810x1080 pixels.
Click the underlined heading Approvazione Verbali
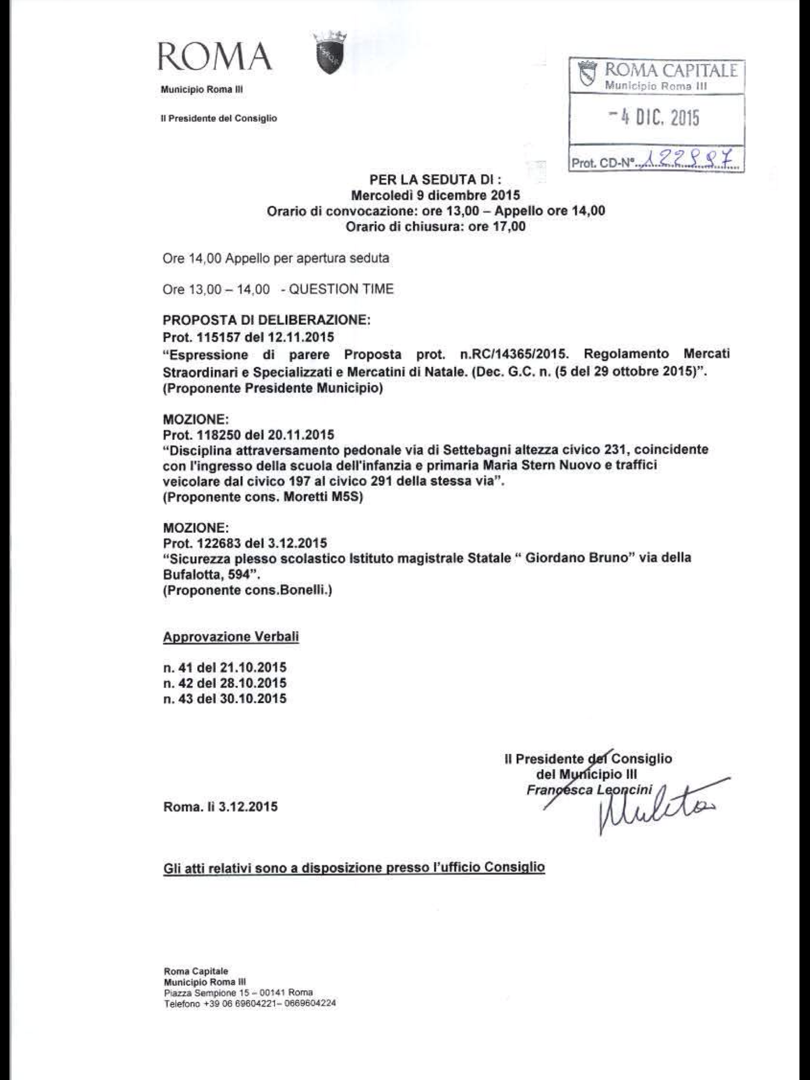click(x=231, y=637)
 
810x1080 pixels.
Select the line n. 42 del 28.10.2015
click(x=225, y=683)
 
